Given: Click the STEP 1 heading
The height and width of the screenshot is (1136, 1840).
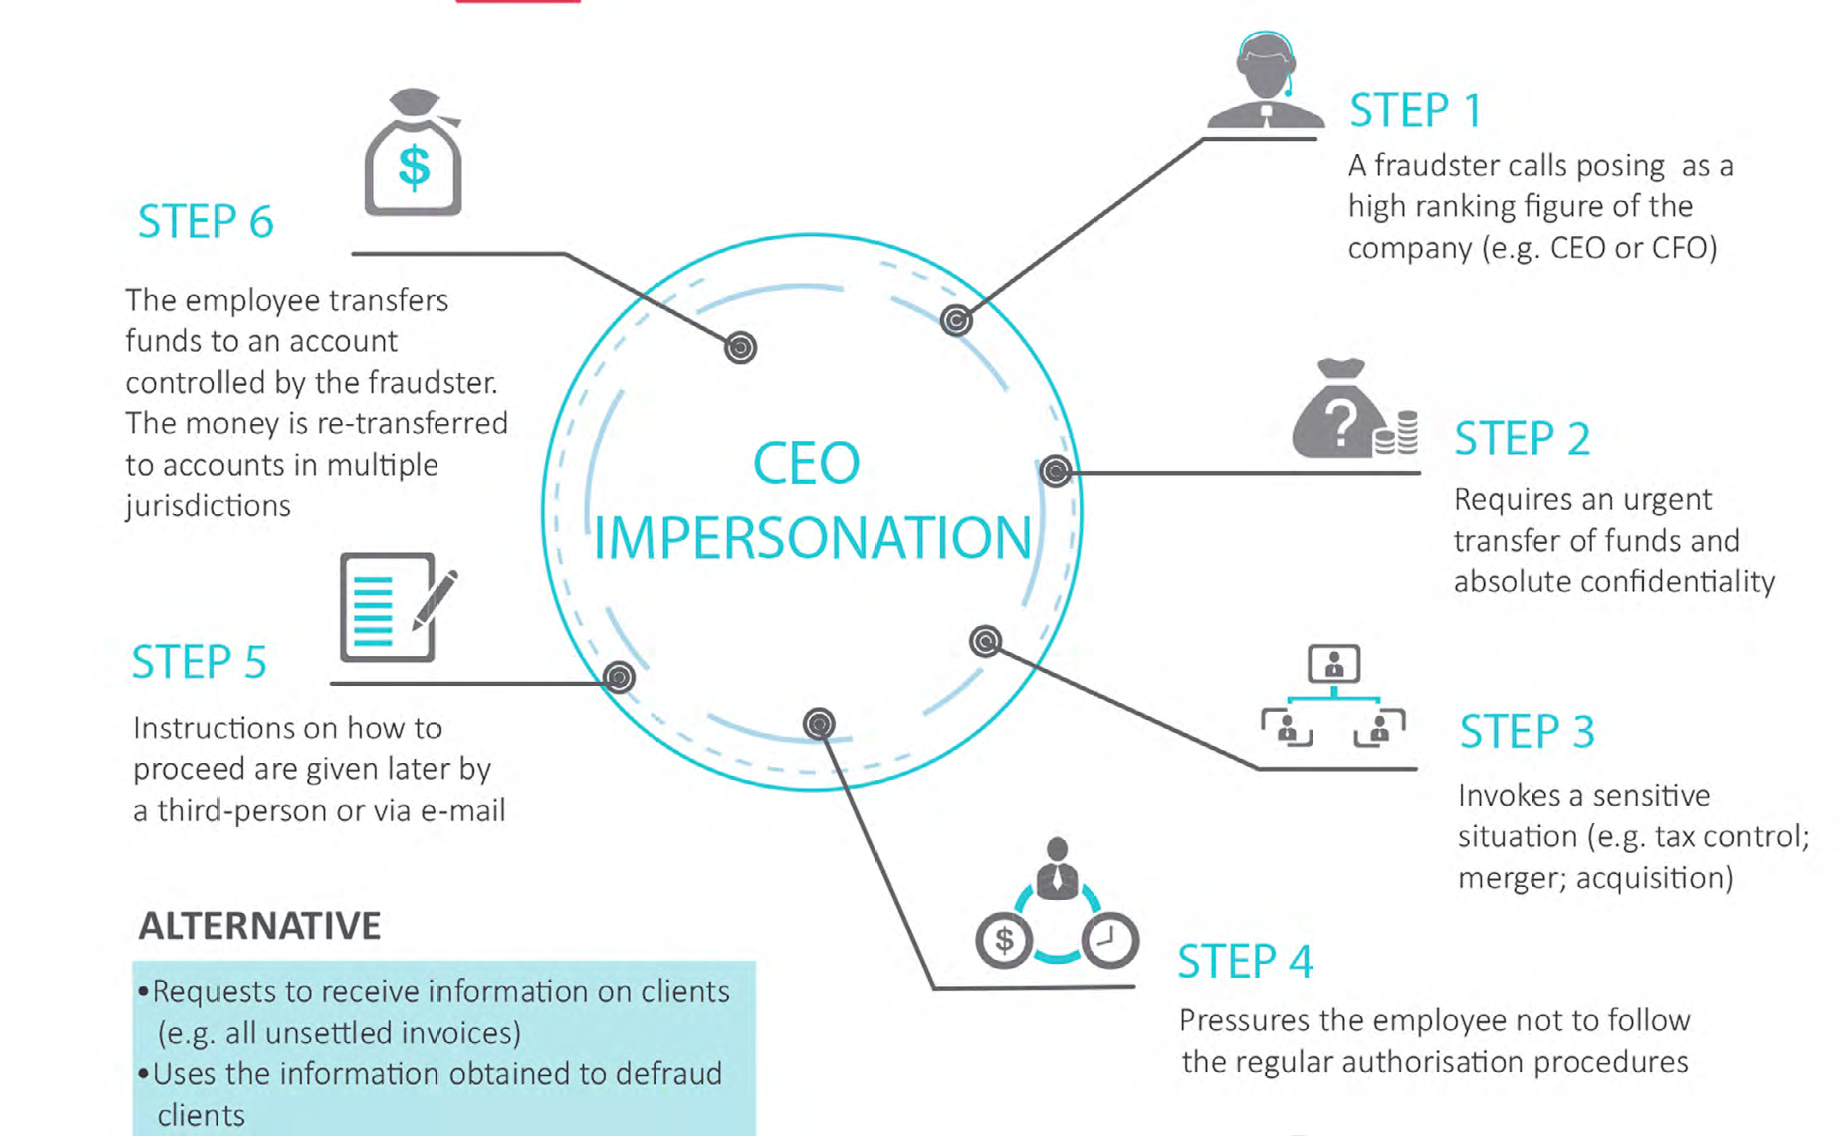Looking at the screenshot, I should (1415, 110).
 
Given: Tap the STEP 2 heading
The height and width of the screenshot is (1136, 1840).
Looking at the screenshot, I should (1522, 439).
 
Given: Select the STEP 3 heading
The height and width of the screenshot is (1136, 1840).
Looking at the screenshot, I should (1527, 732).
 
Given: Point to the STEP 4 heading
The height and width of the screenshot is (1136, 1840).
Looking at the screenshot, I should (1245, 961).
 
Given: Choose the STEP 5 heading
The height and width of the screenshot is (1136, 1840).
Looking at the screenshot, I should (199, 662).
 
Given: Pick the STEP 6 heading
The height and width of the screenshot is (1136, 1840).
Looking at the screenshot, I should (205, 222).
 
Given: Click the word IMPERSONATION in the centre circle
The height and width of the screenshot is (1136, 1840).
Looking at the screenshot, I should (812, 538).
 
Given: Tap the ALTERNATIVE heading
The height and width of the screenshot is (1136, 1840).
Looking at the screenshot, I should (260, 926).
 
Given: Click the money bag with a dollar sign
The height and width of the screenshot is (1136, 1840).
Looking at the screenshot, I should (414, 155).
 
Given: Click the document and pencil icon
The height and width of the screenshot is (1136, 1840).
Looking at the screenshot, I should (394, 606).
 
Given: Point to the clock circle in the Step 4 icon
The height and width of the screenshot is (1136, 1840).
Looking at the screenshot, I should (1109, 940).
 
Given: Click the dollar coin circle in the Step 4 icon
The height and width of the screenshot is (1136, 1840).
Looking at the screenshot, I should (1004, 940).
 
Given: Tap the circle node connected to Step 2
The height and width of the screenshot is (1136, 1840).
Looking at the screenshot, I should (1056, 470).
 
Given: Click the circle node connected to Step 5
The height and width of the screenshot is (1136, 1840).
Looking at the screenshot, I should (619, 677).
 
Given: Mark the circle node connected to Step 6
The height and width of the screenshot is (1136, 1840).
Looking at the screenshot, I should (741, 347).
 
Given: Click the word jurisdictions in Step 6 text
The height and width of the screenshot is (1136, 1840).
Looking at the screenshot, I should (208, 506).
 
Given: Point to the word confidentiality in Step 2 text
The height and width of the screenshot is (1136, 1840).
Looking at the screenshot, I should (1677, 582).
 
